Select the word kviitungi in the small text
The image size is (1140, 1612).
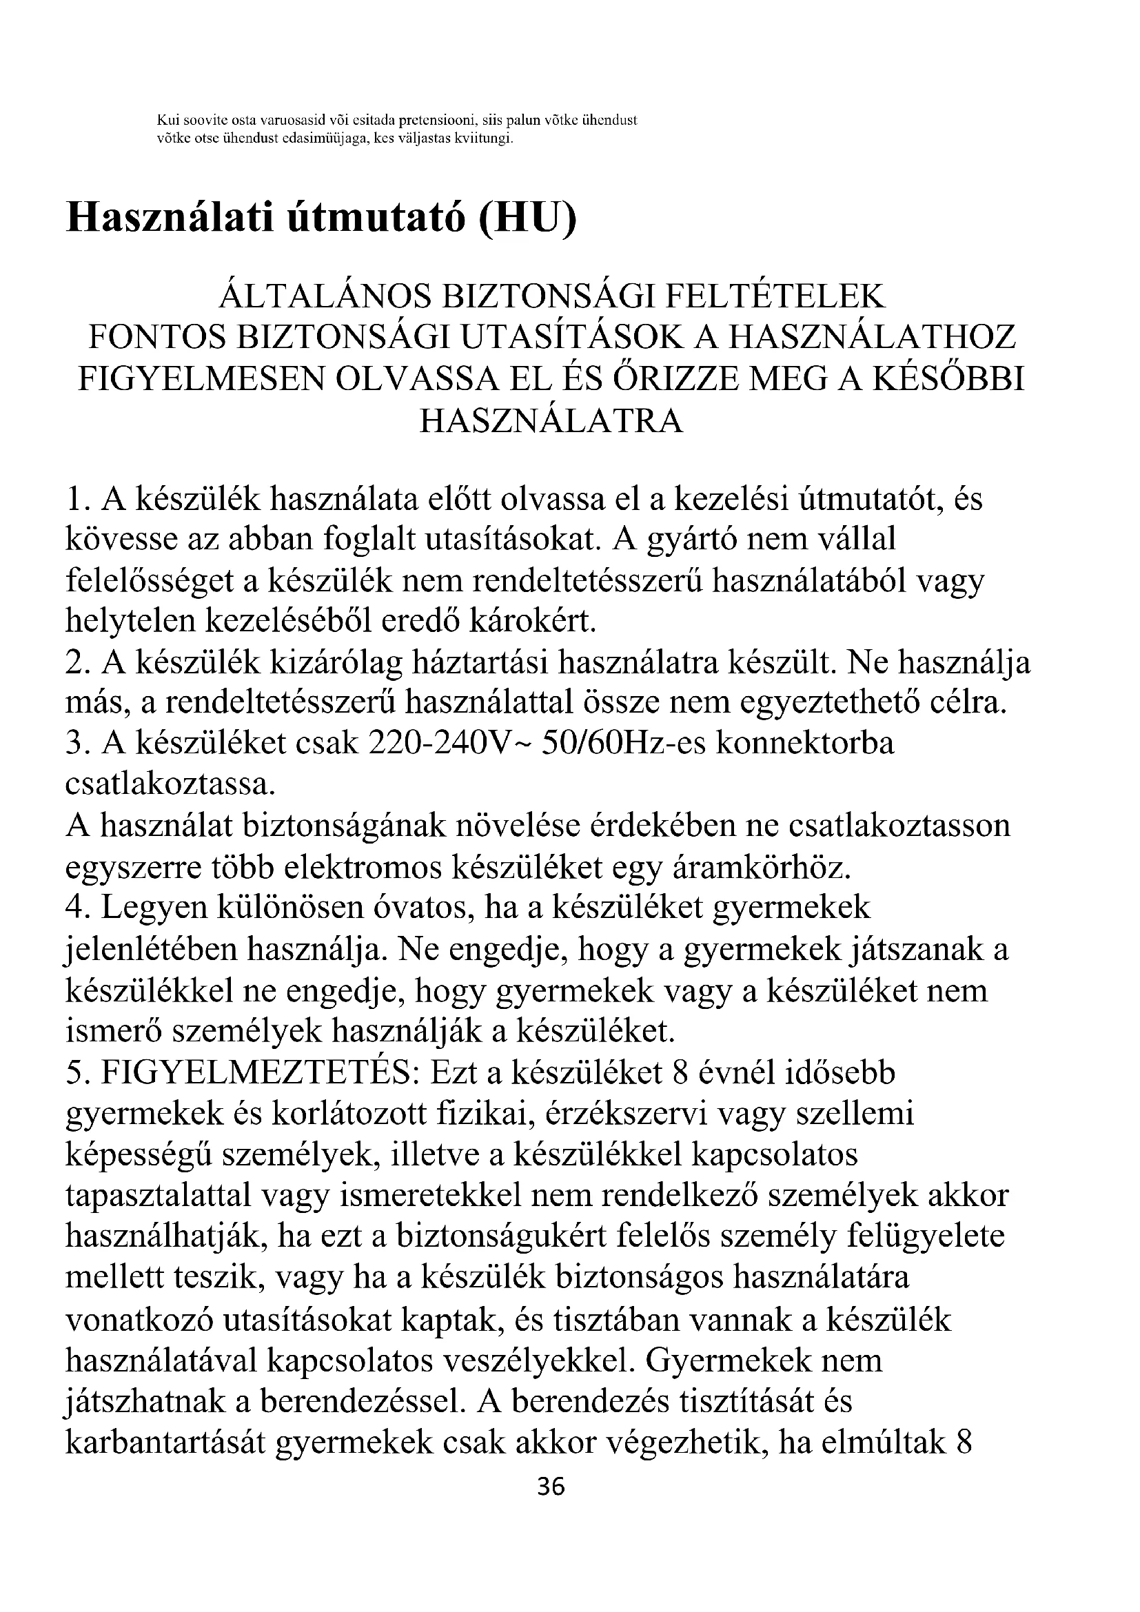[x=484, y=139]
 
